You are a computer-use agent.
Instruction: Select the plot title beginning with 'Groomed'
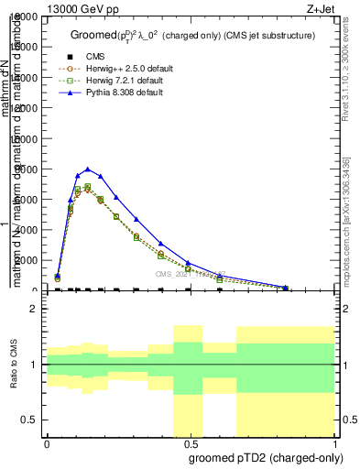click(192, 35)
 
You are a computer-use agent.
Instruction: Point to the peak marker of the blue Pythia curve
click(87, 169)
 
